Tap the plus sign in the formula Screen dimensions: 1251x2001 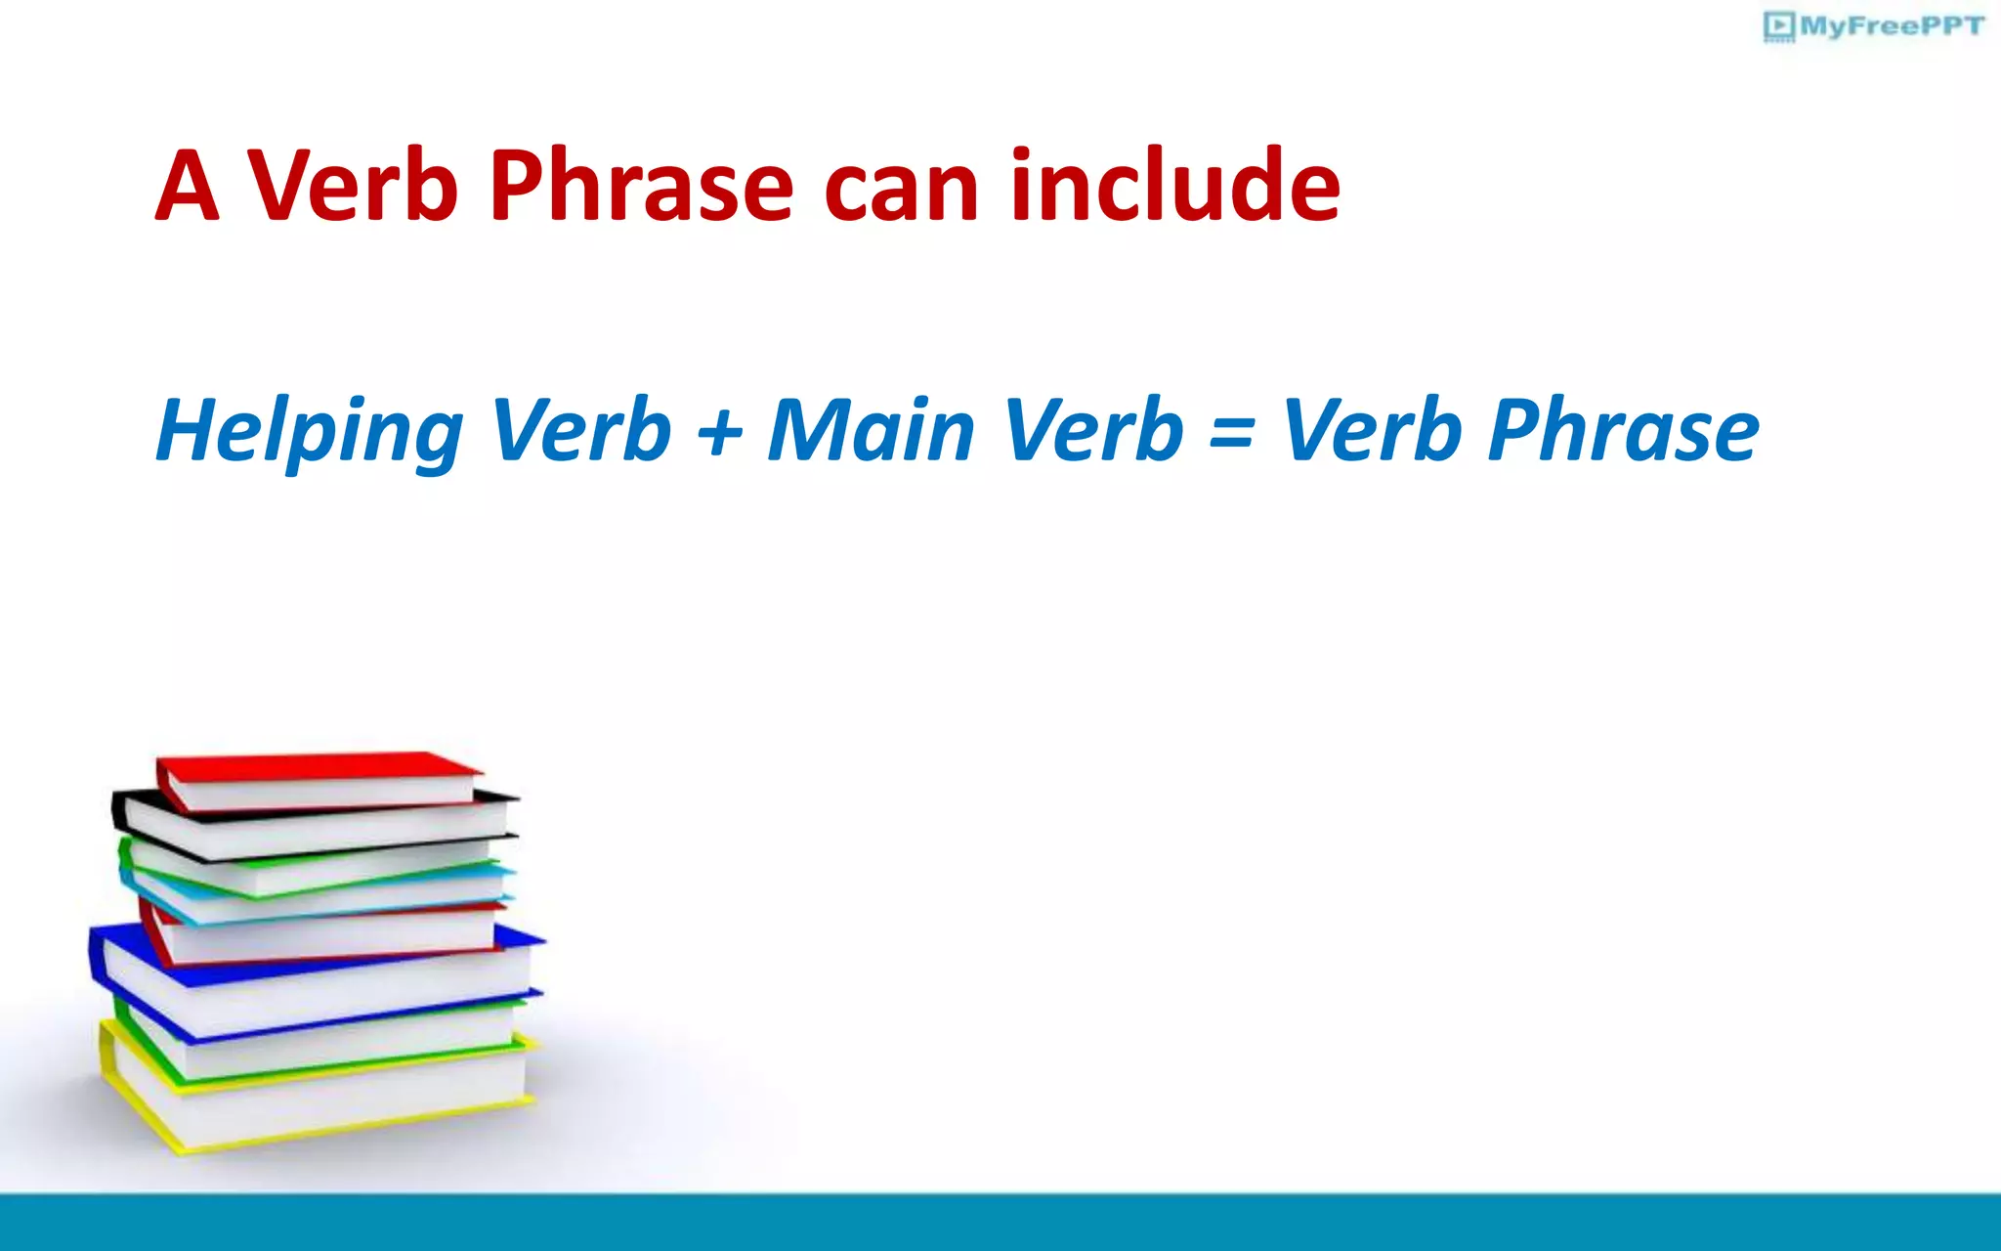[x=720, y=432]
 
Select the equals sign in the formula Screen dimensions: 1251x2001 [x=1231, y=432]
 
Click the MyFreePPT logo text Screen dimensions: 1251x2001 [x=1892, y=26]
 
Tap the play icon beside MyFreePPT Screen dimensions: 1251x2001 [x=1779, y=25]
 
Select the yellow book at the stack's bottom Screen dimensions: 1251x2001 [x=313, y=1100]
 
